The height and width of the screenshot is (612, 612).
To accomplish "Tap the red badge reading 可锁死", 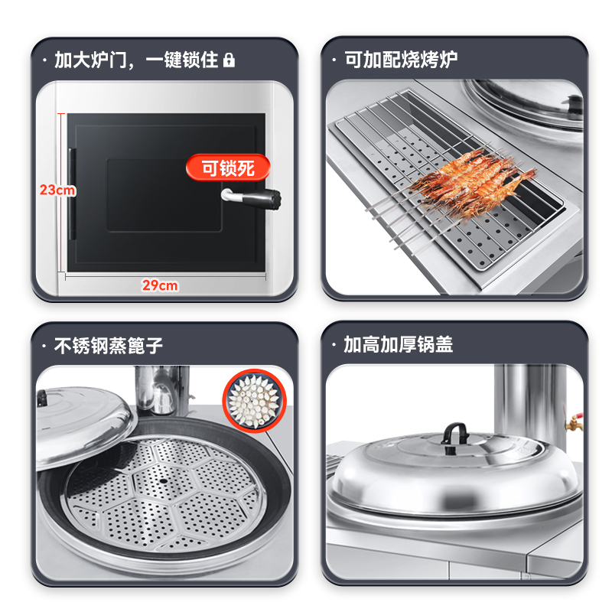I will tap(227, 168).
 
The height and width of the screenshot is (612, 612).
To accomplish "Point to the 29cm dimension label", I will tap(160, 285).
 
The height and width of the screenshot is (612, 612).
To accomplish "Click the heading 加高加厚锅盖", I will tap(398, 345).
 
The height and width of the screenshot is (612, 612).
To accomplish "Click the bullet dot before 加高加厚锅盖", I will tap(334, 346).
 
